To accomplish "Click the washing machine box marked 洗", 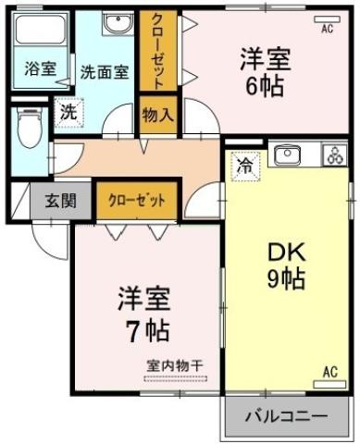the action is click(68, 111).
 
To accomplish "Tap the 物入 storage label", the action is click(157, 116).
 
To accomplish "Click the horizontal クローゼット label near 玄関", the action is click(137, 199).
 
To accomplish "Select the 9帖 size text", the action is click(286, 278).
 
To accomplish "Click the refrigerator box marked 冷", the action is click(245, 166).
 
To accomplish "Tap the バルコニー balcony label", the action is click(285, 416).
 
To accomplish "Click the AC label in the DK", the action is click(329, 373).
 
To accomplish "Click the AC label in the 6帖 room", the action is click(326, 29).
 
